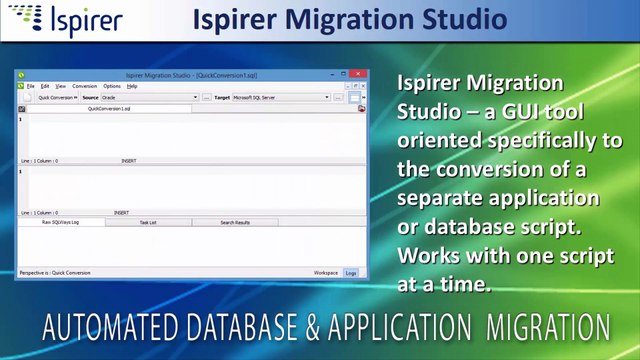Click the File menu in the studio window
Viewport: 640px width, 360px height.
point(31,86)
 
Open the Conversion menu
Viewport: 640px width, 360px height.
point(85,86)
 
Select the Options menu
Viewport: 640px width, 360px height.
point(112,86)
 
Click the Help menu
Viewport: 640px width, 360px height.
point(132,86)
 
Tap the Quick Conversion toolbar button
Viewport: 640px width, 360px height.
point(56,98)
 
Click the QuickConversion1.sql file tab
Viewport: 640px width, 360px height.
point(107,109)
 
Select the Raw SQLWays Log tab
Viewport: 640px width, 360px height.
point(60,222)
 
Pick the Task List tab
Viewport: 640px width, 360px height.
point(148,222)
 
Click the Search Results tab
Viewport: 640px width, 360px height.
point(235,222)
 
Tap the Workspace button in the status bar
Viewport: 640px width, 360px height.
point(325,272)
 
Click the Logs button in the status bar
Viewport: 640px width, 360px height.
point(350,272)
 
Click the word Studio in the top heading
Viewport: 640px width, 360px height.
point(459,19)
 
